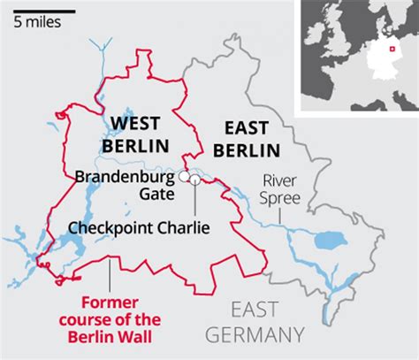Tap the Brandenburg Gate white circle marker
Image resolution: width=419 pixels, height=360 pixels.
(185, 177)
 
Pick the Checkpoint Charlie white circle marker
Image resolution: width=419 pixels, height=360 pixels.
(194, 180)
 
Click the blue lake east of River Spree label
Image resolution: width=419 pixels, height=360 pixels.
(332, 240)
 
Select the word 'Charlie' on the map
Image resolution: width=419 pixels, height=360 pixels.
(184, 227)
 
